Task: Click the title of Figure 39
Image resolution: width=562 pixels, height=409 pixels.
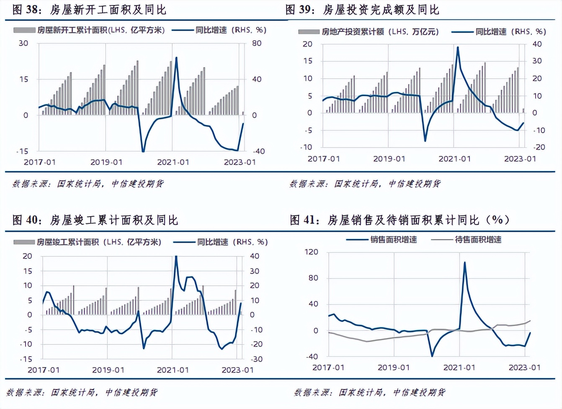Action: tap(362, 9)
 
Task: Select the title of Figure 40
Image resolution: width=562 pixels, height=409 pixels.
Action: tap(95, 220)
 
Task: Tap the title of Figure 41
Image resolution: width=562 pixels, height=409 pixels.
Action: tap(400, 220)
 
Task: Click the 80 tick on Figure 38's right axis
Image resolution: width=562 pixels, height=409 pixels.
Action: tap(257, 43)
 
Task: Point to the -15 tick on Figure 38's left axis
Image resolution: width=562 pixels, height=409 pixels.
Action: tap(22, 151)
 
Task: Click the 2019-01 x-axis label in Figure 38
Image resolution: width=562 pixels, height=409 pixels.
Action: tap(106, 162)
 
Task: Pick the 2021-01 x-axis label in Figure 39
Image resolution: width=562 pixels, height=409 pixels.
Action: tap(455, 159)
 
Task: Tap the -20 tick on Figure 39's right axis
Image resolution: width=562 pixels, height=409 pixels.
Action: tap(539, 147)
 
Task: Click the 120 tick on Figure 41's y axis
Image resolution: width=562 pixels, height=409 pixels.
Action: tap(312, 252)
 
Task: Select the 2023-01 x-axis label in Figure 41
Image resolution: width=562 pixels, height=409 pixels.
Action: tap(524, 368)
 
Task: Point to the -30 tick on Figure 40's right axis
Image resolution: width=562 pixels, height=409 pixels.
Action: tap(256, 359)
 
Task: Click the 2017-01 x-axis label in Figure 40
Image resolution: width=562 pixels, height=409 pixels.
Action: tap(44, 370)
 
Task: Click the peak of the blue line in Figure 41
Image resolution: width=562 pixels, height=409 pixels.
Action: tap(464, 263)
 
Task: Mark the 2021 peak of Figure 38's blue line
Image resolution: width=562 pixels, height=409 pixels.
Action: tap(176, 57)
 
